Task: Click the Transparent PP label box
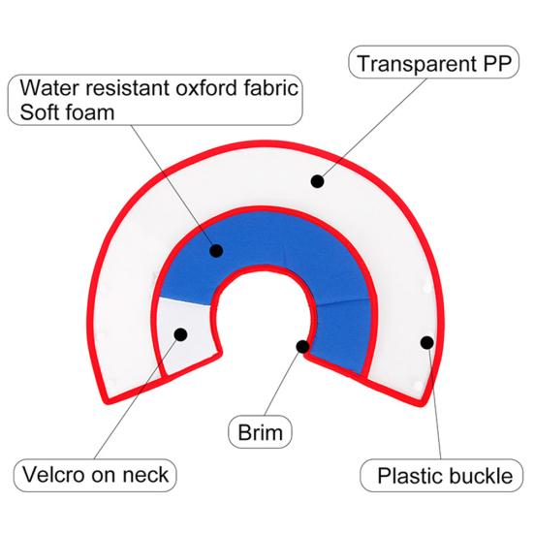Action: [x=433, y=62]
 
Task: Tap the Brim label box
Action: [x=260, y=432]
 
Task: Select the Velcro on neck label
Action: [x=95, y=476]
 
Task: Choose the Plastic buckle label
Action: [x=441, y=476]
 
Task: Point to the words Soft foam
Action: [x=67, y=112]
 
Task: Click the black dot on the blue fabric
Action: [x=216, y=251]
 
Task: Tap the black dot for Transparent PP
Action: [x=318, y=181]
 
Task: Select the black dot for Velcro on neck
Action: [x=180, y=334]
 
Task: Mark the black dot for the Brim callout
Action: [x=302, y=347]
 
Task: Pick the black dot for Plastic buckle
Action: [x=427, y=343]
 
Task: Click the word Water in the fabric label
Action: [x=50, y=88]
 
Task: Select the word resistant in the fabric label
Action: [x=128, y=88]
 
